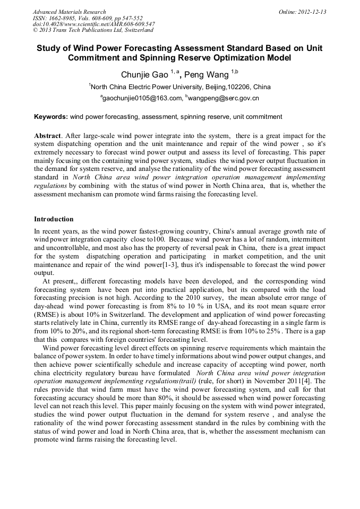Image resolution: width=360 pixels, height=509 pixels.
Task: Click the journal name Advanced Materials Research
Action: click(x=69, y=12)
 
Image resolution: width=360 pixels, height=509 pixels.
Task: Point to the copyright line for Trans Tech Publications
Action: click(x=93, y=30)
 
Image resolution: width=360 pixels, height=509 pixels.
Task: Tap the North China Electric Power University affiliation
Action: click(x=181, y=87)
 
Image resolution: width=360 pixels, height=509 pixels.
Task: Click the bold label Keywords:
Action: click(x=51, y=116)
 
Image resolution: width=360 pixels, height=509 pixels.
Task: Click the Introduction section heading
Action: click(x=54, y=219)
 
